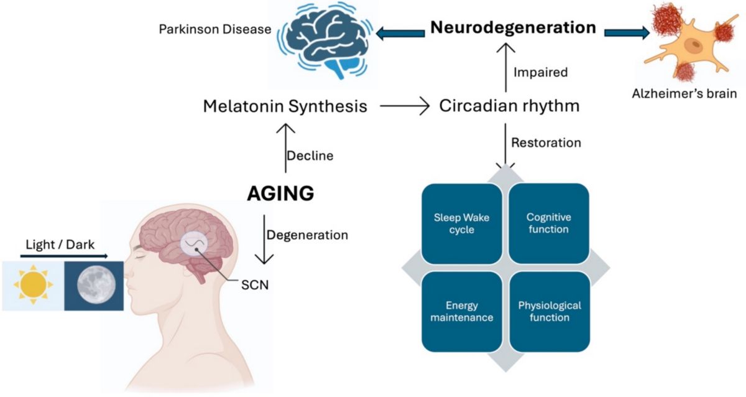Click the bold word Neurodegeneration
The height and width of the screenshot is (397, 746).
pyautogui.click(x=513, y=28)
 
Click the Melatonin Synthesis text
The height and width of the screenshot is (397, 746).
pyautogui.click(x=285, y=106)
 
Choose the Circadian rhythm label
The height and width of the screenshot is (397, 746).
pyautogui.click(x=509, y=106)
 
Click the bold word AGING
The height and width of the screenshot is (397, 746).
pyautogui.click(x=280, y=194)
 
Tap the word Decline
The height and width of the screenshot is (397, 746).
pyautogui.click(x=310, y=156)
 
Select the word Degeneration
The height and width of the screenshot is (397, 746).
pyautogui.click(x=307, y=235)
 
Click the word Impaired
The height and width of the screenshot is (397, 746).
pyautogui.click(x=540, y=72)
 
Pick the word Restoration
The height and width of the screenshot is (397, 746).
pyautogui.click(x=546, y=142)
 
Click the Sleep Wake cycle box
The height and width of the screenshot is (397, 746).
pyautogui.click(x=461, y=223)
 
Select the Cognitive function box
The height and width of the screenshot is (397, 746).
pyautogui.click(x=548, y=223)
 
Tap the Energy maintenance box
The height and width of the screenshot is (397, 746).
pyautogui.click(x=461, y=311)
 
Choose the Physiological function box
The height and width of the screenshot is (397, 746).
pyautogui.click(x=550, y=311)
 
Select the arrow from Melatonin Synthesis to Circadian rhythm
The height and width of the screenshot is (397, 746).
pyautogui.click(x=405, y=107)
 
